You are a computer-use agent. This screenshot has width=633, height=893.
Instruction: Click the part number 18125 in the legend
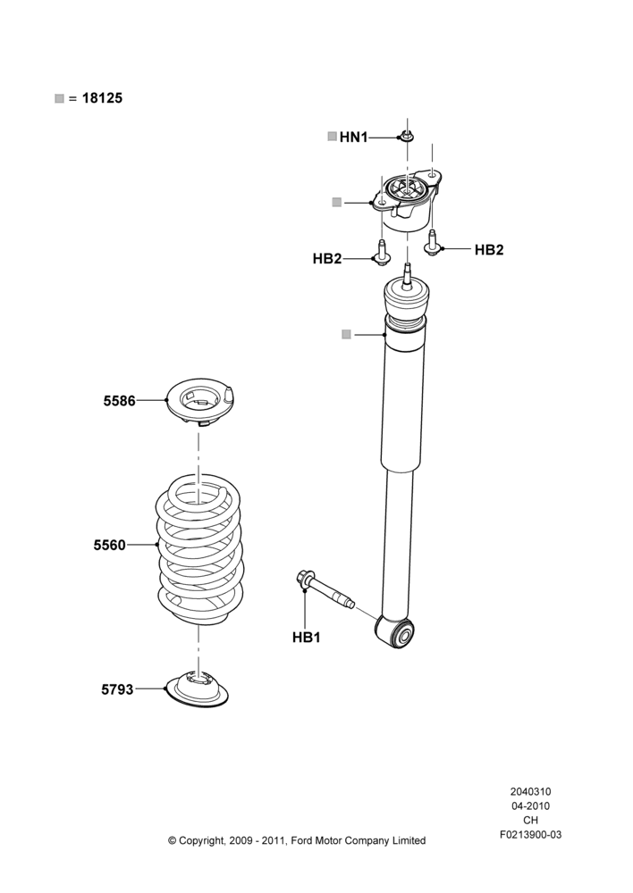(102, 98)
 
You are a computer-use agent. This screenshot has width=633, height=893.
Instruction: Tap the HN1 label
(353, 138)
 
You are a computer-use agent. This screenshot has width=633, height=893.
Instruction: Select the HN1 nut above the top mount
(406, 137)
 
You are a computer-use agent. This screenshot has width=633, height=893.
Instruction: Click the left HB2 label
(326, 259)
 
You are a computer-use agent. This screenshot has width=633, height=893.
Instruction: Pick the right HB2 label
(489, 249)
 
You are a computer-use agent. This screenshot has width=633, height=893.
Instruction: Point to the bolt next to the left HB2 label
(382, 252)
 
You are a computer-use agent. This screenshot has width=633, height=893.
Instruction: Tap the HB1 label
(307, 638)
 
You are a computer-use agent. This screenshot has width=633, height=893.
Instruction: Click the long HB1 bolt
(325, 588)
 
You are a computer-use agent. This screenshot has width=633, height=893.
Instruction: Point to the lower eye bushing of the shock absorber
(394, 633)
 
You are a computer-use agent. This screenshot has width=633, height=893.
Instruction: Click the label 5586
(119, 401)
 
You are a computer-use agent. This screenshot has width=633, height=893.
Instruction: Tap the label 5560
(109, 545)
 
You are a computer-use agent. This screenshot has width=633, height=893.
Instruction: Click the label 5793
(117, 689)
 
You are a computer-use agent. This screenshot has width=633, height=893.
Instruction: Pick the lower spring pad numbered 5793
(197, 689)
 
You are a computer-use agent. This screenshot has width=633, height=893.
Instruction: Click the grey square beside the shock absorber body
(346, 334)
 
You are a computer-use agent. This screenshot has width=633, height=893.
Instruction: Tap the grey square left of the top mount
(336, 202)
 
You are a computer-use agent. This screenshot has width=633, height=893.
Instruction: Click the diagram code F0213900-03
(530, 834)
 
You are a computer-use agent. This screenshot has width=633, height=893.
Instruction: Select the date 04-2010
(530, 805)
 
